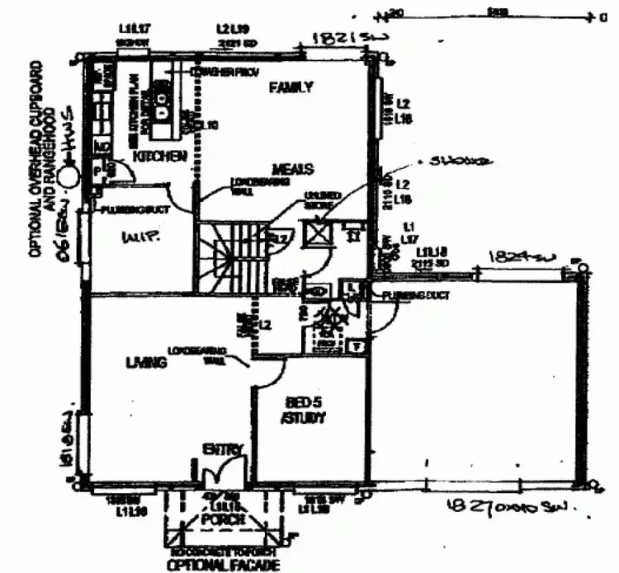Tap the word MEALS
point(295,169)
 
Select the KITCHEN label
point(159,156)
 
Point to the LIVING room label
point(141,362)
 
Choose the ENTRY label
point(223,449)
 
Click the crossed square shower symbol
point(317,232)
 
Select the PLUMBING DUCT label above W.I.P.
point(135,210)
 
